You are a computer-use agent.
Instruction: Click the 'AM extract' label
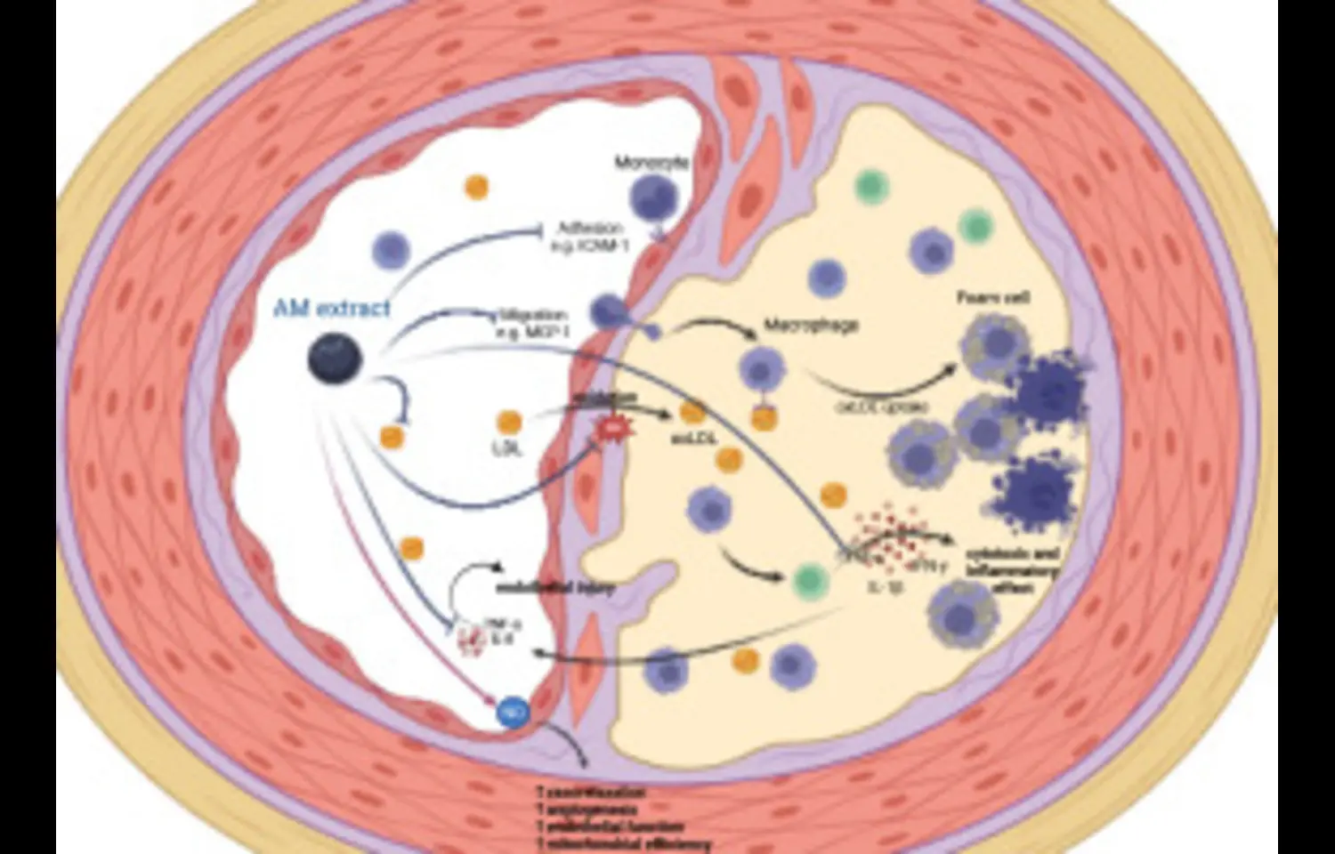point(331,309)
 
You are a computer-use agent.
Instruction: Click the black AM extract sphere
point(335,360)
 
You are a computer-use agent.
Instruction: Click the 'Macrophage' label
point(811,326)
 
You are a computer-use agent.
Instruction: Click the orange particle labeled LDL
point(508,422)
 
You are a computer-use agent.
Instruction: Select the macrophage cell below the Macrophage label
point(759,369)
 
